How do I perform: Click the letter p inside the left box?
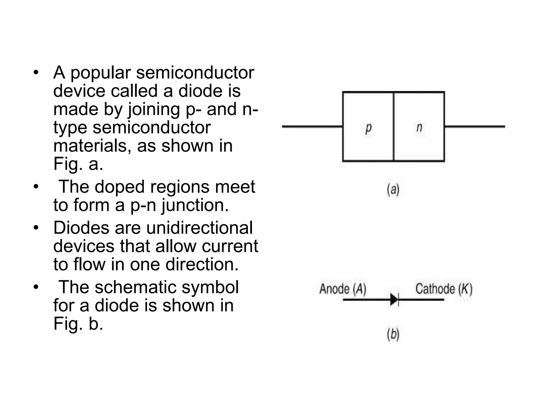[x=368, y=128]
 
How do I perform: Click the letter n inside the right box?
[x=419, y=128]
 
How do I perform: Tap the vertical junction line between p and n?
[x=394, y=127]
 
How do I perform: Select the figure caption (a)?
[x=393, y=190]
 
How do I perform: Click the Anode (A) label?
[x=343, y=289]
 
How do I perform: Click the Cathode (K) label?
[x=444, y=289]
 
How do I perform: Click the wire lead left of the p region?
[x=312, y=127]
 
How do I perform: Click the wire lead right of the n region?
[x=475, y=127]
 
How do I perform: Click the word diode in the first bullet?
[x=200, y=91]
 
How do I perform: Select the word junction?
[x=195, y=205]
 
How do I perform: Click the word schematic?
[x=136, y=287]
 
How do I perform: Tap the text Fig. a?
[x=78, y=164]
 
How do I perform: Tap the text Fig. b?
[x=78, y=324]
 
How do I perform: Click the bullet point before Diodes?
[x=36, y=228]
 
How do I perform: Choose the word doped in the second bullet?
[x=119, y=187]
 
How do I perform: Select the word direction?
[x=202, y=264]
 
